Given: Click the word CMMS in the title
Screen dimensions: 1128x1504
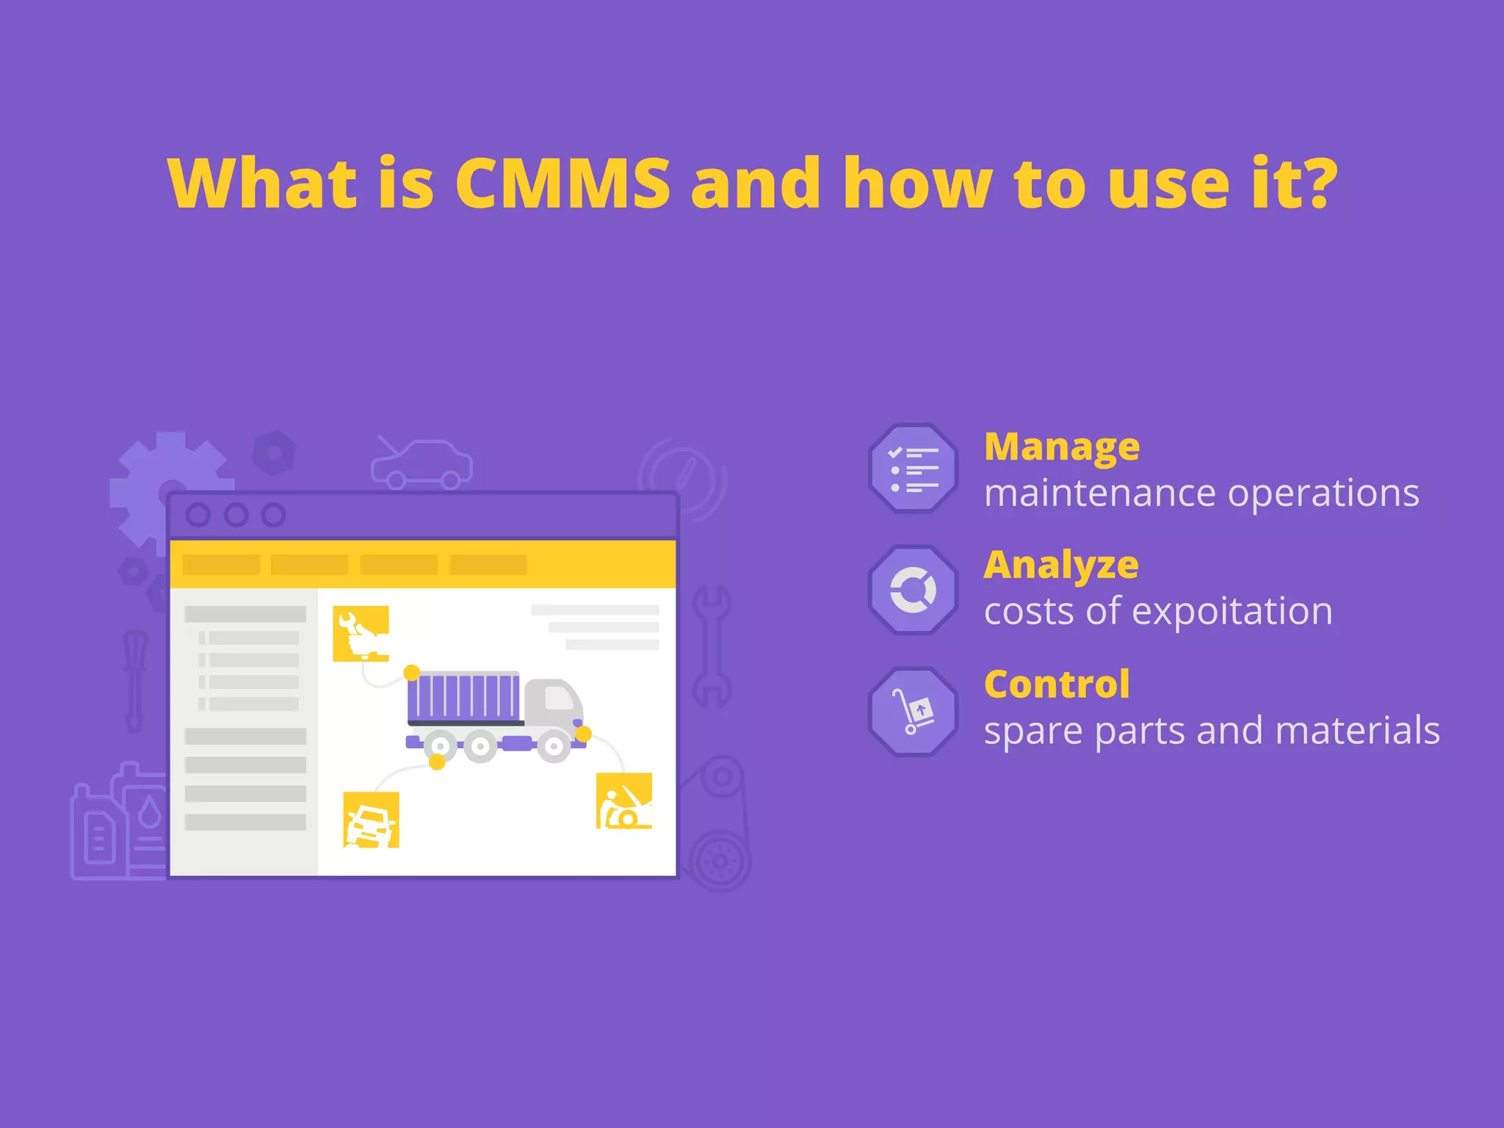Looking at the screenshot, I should click(563, 184).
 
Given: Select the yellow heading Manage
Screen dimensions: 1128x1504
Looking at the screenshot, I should click(1061, 446).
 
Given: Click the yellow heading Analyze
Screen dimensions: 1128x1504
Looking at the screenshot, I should click(1060, 565).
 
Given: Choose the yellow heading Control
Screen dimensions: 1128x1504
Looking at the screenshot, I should click(1056, 684).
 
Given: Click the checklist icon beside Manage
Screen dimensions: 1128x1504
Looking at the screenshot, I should click(913, 468).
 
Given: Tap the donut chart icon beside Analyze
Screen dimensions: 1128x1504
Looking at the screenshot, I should click(913, 590).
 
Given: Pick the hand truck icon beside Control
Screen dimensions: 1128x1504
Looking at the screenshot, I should click(913, 711).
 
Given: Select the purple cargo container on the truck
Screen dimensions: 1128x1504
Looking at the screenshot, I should click(463, 696).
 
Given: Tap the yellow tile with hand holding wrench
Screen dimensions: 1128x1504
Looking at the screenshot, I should click(361, 633).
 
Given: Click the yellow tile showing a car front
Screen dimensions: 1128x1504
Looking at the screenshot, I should click(371, 820).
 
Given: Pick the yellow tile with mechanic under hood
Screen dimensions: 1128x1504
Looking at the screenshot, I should click(623, 800).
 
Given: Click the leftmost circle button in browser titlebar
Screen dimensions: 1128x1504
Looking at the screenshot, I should click(198, 515).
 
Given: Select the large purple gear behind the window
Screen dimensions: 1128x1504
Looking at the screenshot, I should click(147, 477).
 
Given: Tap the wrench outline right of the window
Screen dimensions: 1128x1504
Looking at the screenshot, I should click(711, 646).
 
